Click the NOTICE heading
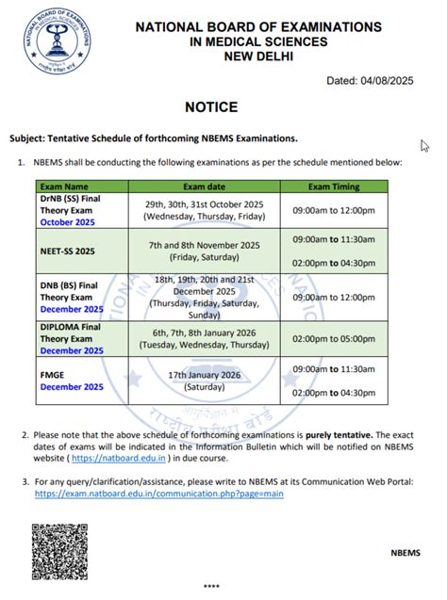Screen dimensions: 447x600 coord(212,107)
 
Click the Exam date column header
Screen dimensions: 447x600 coord(203,186)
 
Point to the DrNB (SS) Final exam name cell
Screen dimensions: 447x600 coord(71,210)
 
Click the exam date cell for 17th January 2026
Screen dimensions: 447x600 coord(203,381)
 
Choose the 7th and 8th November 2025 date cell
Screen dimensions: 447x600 coord(203,251)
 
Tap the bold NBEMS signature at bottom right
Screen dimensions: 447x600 coord(407,550)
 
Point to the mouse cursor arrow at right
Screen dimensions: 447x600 coord(424,146)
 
